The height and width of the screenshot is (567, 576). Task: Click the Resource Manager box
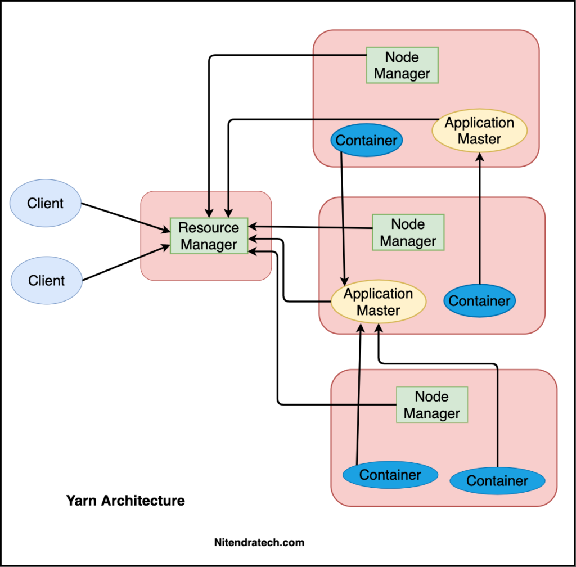209,236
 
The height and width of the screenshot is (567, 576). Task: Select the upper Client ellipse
46,203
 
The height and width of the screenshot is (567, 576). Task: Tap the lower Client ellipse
47,280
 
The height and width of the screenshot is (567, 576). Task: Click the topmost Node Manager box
402,65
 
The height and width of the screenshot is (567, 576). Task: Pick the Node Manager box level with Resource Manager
408,232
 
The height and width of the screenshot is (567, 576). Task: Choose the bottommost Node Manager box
432,404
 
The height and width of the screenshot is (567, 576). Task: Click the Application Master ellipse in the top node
479,130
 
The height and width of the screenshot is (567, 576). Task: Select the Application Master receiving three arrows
379,301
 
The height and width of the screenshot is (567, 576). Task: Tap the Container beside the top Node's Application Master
367,140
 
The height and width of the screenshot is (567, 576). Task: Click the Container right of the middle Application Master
480,300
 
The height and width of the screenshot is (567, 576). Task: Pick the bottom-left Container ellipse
390,475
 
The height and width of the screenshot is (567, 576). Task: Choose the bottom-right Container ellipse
497,481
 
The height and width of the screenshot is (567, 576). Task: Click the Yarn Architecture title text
125,501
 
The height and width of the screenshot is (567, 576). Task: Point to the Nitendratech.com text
259,542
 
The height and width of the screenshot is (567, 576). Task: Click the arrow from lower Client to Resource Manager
127,263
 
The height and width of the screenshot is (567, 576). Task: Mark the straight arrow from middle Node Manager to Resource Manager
310,227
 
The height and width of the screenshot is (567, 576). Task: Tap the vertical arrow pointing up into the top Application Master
480,218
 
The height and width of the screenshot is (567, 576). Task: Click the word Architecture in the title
143,501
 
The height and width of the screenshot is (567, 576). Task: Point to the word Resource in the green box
209,228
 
